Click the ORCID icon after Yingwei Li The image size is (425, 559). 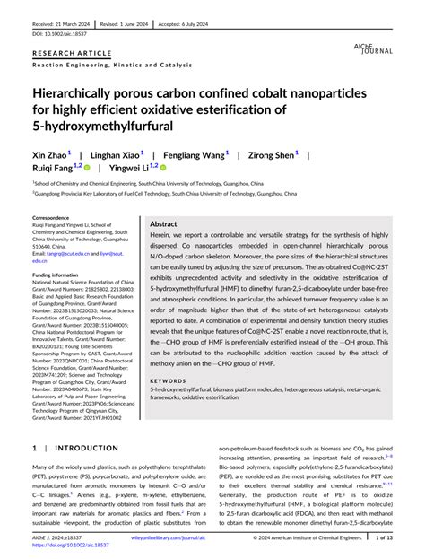(164, 166)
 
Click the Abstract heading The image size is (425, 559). (163, 223)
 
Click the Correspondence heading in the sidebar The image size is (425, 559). (52, 218)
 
